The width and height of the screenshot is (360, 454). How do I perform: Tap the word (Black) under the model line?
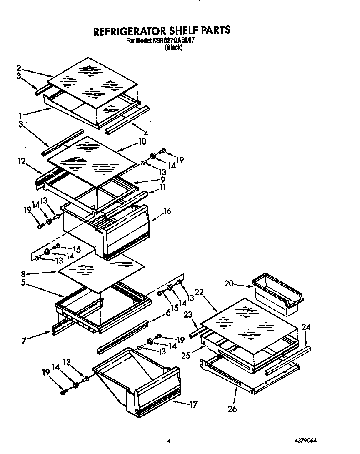(174, 48)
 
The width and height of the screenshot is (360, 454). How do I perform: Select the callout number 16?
(167, 211)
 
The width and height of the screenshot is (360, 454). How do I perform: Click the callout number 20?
(229, 284)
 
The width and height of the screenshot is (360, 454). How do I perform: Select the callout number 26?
(232, 409)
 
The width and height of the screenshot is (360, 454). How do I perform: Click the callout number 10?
(142, 141)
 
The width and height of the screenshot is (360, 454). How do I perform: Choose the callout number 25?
(186, 355)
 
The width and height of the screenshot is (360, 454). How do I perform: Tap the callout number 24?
(306, 327)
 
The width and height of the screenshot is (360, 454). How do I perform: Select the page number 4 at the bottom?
(169, 441)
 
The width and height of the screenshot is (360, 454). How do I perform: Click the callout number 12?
(22, 160)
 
